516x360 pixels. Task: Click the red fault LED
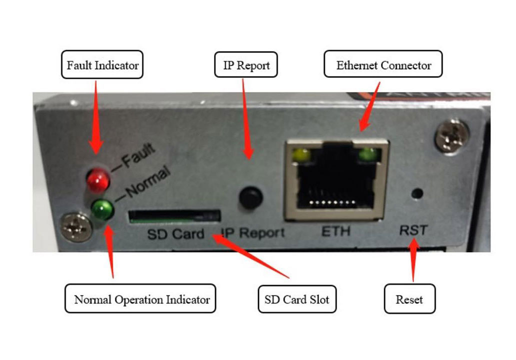(x=98, y=180)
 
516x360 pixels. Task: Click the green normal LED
(x=103, y=209)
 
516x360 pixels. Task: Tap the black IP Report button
(x=251, y=197)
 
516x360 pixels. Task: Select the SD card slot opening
(x=174, y=215)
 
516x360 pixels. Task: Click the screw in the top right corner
(x=452, y=135)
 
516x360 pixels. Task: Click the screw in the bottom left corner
(x=76, y=227)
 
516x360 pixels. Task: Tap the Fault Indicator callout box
(x=102, y=65)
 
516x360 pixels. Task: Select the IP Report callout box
(x=246, y=65)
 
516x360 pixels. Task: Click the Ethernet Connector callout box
(x=383, y=65)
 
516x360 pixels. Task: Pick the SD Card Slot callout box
(x=297, y=299)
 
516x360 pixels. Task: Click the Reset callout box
(x=409, y=299)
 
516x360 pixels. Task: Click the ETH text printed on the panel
(x=336, y=231)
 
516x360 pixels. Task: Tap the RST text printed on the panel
(x=413, y=230)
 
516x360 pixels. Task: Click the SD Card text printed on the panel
(x=175, y=233)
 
